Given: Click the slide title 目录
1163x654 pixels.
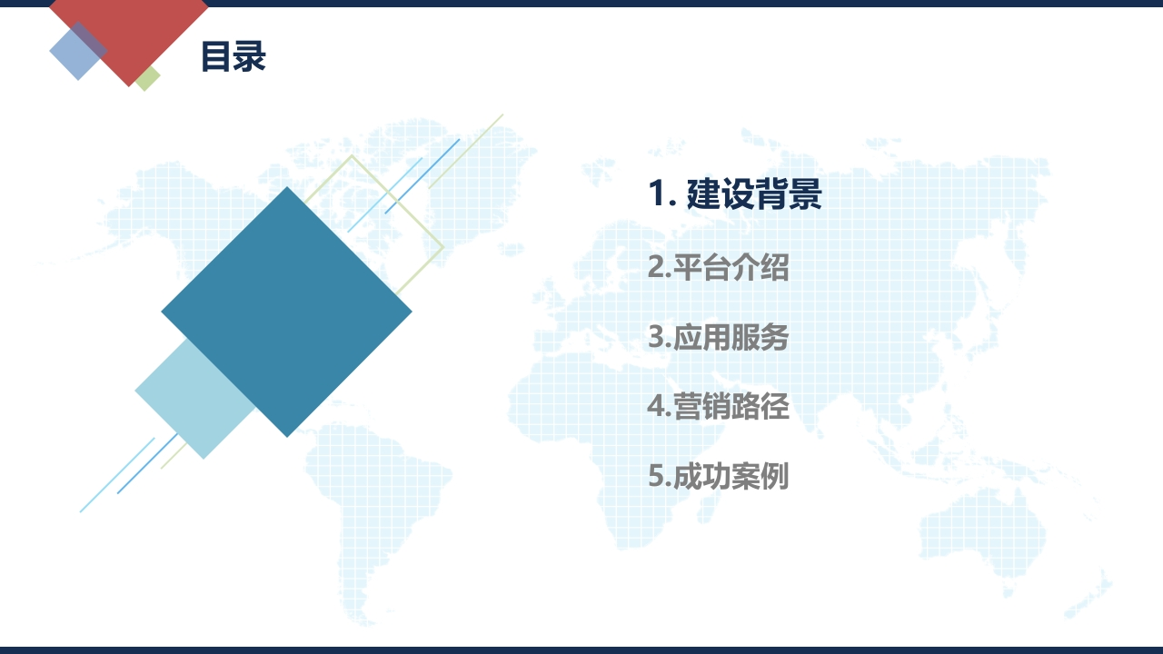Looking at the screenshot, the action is pyautogui.click(x=234, y=56).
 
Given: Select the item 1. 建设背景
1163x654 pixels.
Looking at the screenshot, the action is pyautogui.click(x=735, y=193).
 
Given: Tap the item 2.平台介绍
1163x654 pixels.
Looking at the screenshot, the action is pyautogui.click(x=719, y=267).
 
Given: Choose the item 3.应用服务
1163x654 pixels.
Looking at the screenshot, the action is pyautogui.click(x=719, y=337).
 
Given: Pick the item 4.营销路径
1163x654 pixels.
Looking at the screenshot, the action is pyautogui.click(x=719, y=406).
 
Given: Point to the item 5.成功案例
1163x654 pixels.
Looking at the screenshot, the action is pyautogui.click(x=719, y=475).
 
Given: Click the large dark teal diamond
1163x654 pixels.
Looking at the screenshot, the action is pyautogui.click(x=286, y=312).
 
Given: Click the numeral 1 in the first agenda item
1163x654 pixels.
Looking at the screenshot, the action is pyautogui.click(x=657, y=193).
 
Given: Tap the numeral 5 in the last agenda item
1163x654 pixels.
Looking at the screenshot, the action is pyautogui.click(x=657, y=476).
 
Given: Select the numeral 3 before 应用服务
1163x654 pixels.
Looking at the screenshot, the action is pyautogui.click(x=657, y=337).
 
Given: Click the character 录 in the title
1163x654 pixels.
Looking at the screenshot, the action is pyautogui.click(x=250, y=56).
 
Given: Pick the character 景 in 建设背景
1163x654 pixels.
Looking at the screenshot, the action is pyautogui.click(x=805, y=193).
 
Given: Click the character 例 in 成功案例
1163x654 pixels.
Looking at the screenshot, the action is pyautogui.click(x=775, y=475).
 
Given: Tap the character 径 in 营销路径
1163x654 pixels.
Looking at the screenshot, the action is pyautogui.click(x=775, y=406).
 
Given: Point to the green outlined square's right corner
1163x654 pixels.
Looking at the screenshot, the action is pyautogui.click(x=443, y=248).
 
